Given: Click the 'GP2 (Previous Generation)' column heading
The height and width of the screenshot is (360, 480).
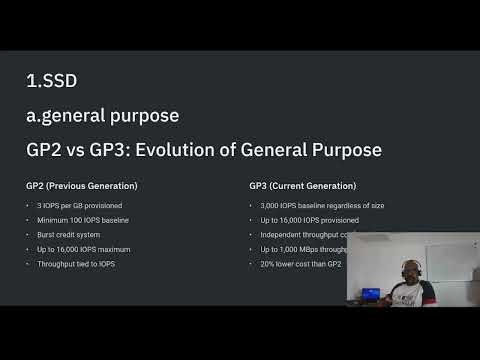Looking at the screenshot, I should (x=82, y=186).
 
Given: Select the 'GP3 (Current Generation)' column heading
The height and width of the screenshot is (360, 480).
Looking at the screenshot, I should (x=303, y=186).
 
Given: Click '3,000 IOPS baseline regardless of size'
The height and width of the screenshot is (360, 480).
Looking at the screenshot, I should (x=321, y=205).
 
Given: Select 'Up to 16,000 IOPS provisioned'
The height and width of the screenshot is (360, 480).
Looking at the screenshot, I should (x=309, y=219).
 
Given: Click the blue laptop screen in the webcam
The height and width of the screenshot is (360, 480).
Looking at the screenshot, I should (x=369, y=294).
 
